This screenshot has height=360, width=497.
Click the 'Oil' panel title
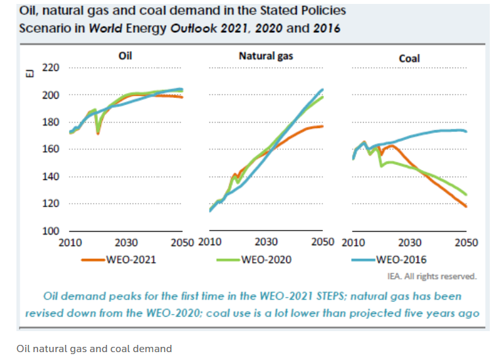(x=125, y=56)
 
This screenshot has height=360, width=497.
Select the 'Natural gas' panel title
(x=266, y=56)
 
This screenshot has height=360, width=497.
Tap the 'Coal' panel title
(x=409, y=58)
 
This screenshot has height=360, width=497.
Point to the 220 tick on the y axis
(x=51, y=68)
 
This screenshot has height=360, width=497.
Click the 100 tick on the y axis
(x=51, y=231)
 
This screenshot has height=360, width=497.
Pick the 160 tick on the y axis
(x=51, y=149)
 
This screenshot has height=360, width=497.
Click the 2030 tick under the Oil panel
(x=126, y=242)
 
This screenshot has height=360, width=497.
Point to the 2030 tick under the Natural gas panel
(x=266, y=242)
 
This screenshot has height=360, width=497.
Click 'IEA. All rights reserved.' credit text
(x=441, y=276)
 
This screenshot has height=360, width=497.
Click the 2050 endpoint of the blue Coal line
(x=466, y=131)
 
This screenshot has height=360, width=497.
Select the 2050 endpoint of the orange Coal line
(x=466, y=207)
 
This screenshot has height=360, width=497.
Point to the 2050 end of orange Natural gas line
(x=322, y=126)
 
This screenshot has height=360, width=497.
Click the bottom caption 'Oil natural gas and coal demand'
(x=94, y=348)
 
